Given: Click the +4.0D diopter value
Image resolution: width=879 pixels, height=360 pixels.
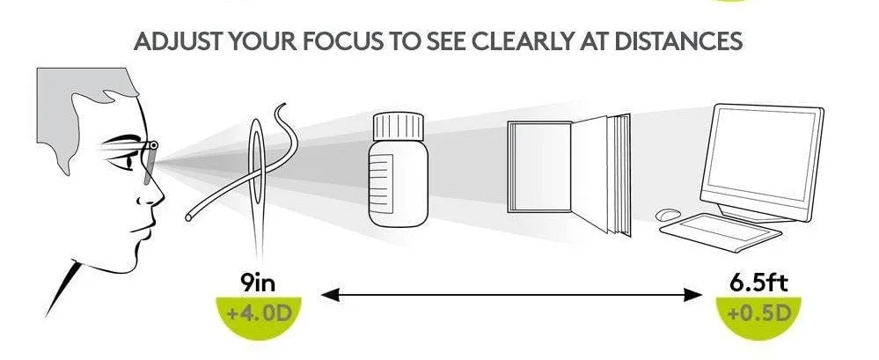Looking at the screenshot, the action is tap(259, 312).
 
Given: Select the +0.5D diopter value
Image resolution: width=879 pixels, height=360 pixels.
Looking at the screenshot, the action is tap(758, 312).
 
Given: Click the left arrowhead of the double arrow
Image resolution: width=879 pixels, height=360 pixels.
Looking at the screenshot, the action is tap(330, 295).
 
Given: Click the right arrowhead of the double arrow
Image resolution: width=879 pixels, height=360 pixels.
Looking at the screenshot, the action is tap(693, 295).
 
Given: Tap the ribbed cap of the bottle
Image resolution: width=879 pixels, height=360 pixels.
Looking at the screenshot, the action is tap(399, 126).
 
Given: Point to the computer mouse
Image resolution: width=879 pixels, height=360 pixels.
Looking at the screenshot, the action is tap(668, 214).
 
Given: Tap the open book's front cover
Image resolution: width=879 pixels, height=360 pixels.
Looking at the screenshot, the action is tap(538, 166).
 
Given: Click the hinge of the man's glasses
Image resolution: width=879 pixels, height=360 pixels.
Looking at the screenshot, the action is tap(152, 146).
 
